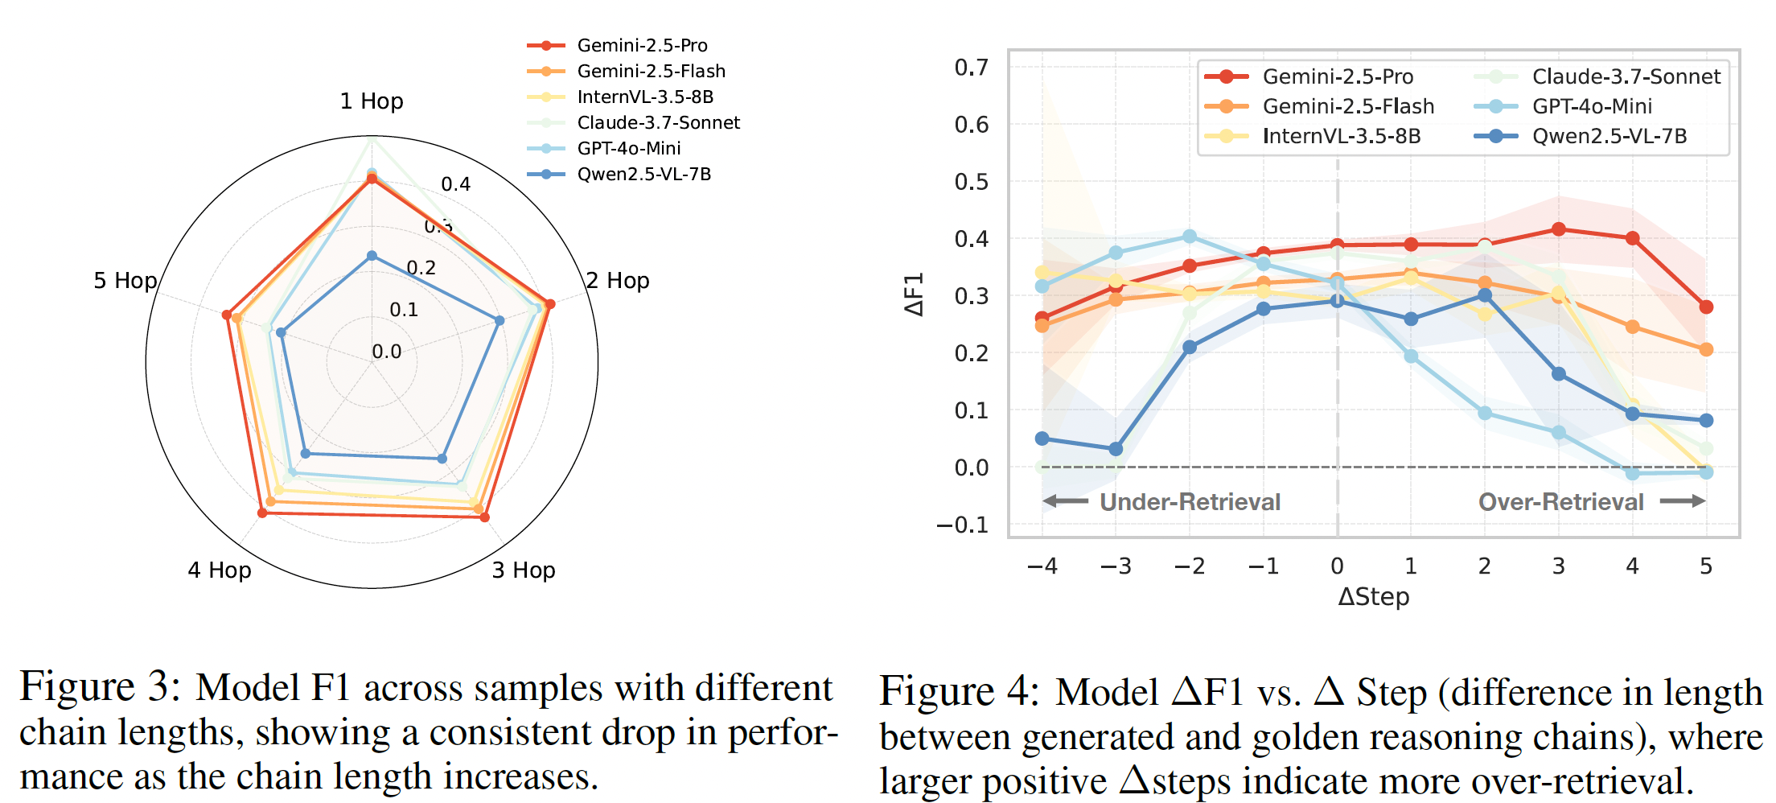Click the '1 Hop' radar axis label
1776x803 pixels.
coord(371,101)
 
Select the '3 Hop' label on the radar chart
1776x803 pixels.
coord(524,570)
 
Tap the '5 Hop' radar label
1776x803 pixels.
coord(125,281)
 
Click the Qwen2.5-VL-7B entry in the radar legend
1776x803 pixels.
coord(643,175)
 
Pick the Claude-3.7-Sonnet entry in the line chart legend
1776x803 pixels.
coord(1626,76)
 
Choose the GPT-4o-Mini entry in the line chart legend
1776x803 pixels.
coord(1592,106)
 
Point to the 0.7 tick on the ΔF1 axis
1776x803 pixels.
coord(971,68)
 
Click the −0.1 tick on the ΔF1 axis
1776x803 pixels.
coord(962,525)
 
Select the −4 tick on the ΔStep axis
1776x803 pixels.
coord(1042,566)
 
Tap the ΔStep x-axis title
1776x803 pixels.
coord(1374,597)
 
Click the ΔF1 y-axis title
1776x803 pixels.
coord(915,294)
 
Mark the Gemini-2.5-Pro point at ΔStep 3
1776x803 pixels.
coord(1559,229)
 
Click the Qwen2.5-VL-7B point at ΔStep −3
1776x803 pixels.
coord(1116,449)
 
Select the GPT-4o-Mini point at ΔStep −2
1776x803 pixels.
coord(1190,237)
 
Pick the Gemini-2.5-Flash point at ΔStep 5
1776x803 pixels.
coord(1706,350)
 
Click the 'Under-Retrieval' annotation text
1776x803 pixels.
coord(1190,502)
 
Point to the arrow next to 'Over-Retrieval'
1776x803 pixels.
coord(1683,501)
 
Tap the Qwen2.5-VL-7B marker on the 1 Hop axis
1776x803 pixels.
coord(372,256)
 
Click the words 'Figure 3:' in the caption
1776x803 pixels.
coord(100,688)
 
